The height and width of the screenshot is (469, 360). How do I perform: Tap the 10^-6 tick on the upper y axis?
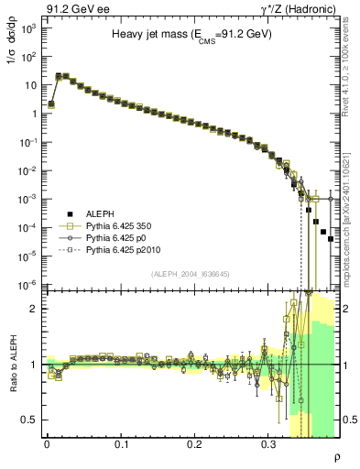27,285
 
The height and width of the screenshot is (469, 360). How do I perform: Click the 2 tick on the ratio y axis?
34,309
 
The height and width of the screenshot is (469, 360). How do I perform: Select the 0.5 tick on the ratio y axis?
29,420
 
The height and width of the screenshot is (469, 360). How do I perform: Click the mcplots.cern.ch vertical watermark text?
351,220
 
